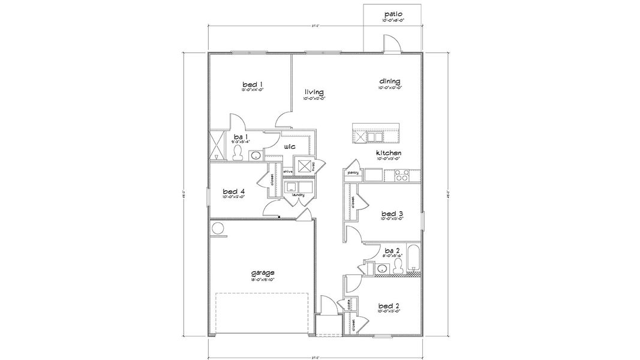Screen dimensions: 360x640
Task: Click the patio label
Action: [x=393, y=13]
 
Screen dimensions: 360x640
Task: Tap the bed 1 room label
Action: [x=253, y=84]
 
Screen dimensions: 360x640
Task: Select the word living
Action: [x=314, y=92]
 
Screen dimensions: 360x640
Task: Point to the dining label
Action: [x=389, y=82]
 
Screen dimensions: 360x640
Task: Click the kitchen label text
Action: [x=388, y=154]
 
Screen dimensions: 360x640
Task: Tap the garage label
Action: [x=263, y=272]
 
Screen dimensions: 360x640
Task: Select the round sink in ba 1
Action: [x=254, y=156]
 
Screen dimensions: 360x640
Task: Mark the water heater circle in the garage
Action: [x=217, y=228]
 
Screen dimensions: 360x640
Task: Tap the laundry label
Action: [x=298, y=195]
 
